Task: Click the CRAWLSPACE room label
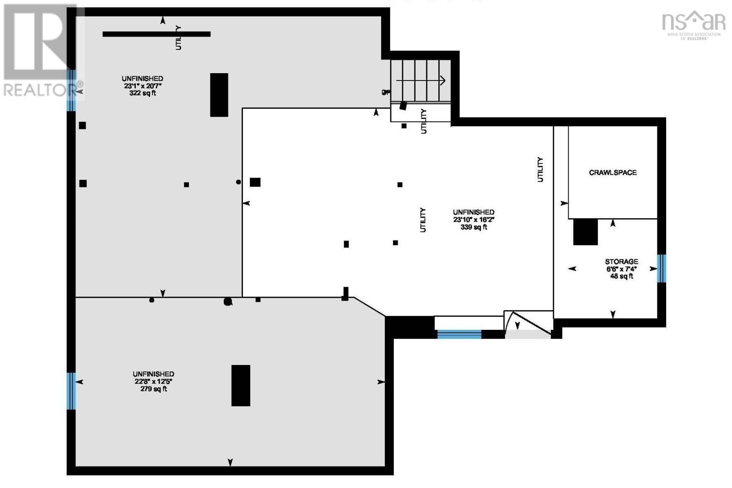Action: pos(612,172)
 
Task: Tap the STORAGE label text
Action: pos(621,262)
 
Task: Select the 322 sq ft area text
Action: pos(142,93)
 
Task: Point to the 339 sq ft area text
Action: pos(474,227)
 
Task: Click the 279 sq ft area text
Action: pos(153,389)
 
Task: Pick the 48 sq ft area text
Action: pos(621,276)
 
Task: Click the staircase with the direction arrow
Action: pos(420,81)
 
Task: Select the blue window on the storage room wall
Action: pos(661,268)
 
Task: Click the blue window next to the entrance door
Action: pos(459,334)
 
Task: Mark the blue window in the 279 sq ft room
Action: pos(71,391)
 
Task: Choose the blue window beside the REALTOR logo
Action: pos(71,90)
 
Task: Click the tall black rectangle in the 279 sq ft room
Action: pos(241,385)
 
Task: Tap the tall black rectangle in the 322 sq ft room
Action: pos(219,95)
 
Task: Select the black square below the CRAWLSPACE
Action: pos(585,232)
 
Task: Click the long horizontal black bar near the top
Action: pos(156,34)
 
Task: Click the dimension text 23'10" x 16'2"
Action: pos(474,220)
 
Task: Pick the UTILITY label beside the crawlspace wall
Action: pos(540,169)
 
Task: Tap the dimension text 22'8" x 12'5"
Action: pos(153,381)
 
